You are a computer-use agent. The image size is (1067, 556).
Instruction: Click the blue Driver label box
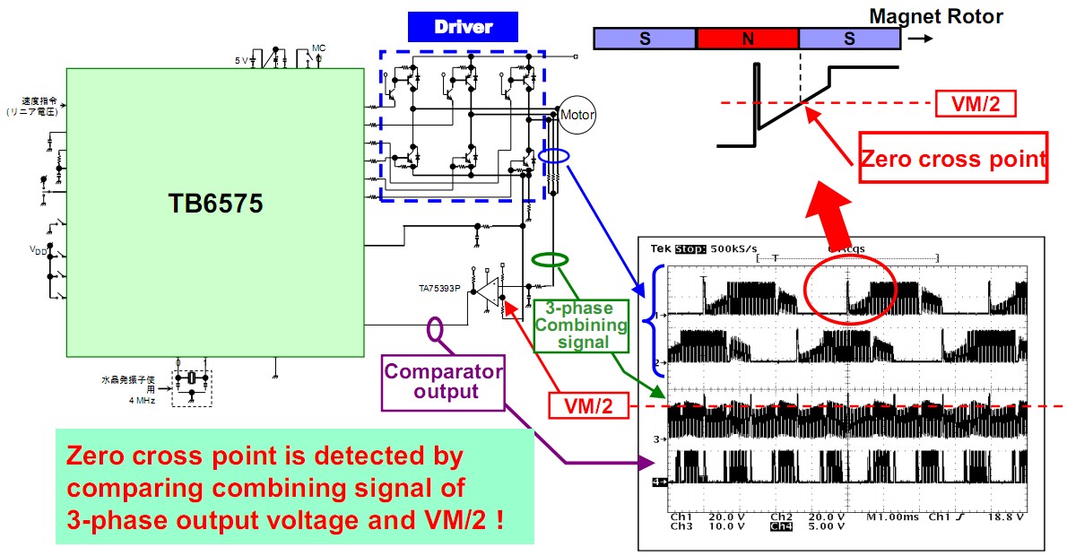(x=463, y=27)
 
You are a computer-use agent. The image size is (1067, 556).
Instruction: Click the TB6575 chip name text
(x=216, y=204)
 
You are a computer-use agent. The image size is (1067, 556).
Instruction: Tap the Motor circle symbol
(x=577, y=114)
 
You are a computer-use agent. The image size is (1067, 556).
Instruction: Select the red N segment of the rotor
(x=747, y=38)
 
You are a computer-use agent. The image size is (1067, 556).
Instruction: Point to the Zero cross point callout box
(x=953, y=159)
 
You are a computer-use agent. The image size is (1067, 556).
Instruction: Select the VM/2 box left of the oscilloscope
(x=589, y=405)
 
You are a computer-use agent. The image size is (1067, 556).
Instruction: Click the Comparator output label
(x=443, y=381)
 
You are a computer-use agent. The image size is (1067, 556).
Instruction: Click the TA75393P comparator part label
(x=439, y=289)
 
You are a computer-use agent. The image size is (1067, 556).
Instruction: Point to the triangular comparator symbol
(x=488, y=291)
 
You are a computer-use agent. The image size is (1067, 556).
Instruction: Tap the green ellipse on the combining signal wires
(x=550, y=260)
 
